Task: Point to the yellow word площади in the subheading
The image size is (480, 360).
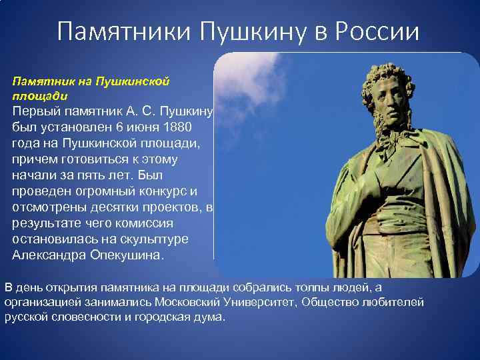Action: [x=34, y=95]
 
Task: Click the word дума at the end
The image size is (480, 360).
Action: [x=211, y=317]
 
